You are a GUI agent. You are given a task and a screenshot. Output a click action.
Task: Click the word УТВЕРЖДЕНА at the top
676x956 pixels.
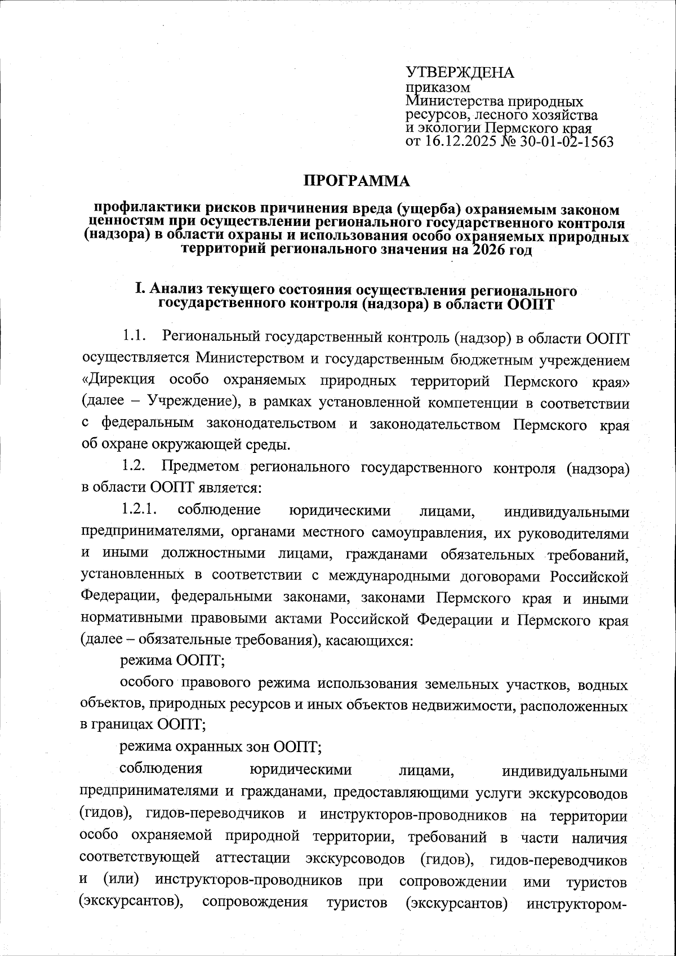(460, 73)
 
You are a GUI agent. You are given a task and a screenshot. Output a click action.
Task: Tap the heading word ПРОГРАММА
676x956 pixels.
(358, 181)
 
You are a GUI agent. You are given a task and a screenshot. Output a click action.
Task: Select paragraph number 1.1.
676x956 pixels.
(134, 337)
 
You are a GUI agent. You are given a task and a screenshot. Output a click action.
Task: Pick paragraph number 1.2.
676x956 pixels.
(134, 467)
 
